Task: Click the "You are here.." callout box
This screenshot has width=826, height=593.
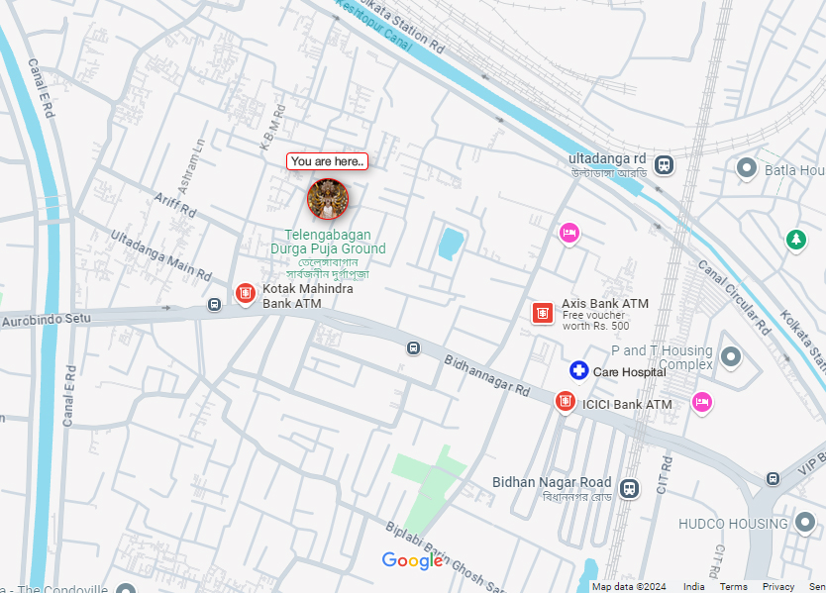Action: [x=327, y=161]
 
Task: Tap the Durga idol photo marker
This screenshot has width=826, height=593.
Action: [x=327, y=199]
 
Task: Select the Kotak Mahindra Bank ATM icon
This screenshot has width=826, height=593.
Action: [x=246, y=293]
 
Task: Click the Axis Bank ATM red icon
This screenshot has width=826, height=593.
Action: [x=542, y=313]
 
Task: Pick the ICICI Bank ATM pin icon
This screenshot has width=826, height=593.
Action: [x=565, y=402]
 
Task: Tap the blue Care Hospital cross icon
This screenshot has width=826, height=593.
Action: [x=578, y=371]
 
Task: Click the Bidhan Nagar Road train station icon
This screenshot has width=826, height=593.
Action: [x=628, y=488]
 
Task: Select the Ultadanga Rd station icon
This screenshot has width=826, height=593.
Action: [x=664, y=165]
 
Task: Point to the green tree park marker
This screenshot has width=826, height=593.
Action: [x=795, y=240]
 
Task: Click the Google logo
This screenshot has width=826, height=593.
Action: [x=412, y=561]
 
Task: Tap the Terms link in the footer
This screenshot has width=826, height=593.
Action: [x=733, y=587]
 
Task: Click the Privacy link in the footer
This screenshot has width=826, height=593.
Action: [x=778, y=587]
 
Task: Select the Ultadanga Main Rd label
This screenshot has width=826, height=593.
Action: [x=160, y=253]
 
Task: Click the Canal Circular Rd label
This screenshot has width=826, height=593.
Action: [x=733, y=295]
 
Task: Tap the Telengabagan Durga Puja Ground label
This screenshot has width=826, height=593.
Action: [x=328, y=242]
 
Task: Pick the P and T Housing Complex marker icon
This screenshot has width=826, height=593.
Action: [x=731, y=356]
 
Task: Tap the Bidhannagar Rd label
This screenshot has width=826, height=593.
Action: [x=486, y=375]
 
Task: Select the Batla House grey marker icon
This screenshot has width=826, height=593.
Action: [x=748, y=169]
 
